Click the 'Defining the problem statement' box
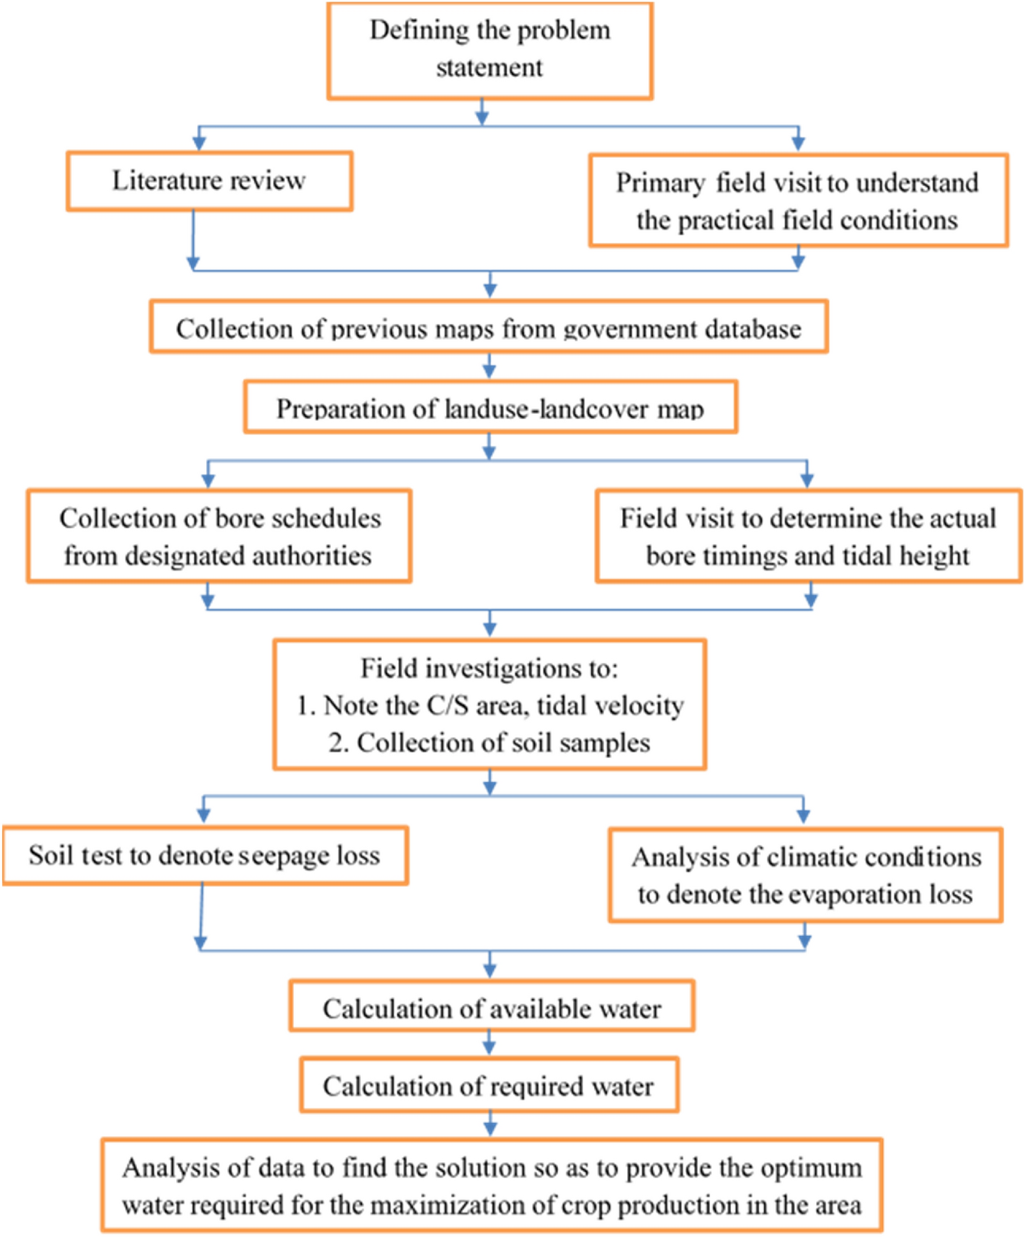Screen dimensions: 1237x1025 [489, 50]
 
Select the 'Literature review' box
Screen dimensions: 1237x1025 [209, 180]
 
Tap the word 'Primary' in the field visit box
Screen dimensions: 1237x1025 [660, 183]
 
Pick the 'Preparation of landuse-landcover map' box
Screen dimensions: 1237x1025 [489, 408]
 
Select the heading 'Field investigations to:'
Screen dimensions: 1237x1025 [489, 669]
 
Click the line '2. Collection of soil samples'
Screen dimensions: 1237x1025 [489, 743]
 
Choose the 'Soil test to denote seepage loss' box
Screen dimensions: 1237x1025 [205, 855]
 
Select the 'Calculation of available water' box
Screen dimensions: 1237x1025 [491, 1008]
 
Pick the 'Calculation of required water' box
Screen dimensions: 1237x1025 [489, 1086]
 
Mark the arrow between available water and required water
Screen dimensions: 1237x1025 [489, 1043]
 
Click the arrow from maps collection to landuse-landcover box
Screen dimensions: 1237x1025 [489, 366]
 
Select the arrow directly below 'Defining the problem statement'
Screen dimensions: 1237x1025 [482, 113]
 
